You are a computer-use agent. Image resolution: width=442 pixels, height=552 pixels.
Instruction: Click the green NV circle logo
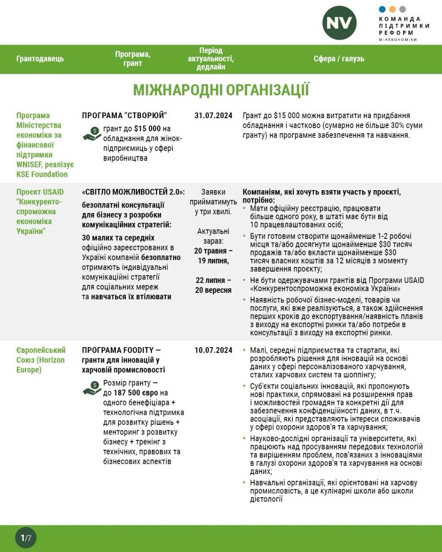(339, 23)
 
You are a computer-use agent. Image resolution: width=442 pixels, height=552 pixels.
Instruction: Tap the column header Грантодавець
(40, 59)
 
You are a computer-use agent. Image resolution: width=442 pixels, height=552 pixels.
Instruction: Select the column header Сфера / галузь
(339, 59)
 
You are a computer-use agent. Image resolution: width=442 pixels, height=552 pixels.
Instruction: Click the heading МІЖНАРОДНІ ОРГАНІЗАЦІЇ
(221, 90)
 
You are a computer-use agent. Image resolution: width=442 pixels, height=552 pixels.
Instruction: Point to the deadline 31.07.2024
(213, 116)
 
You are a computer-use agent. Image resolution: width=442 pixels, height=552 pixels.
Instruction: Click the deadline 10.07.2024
(213, 350)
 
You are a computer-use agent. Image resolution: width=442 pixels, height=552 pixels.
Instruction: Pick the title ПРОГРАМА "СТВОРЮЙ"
(124, 116)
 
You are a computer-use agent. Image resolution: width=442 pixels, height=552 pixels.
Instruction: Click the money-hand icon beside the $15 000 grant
(92, 134)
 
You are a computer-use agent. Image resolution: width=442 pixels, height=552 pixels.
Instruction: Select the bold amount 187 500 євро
(136, 393)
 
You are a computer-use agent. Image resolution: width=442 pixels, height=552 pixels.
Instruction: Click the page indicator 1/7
(26, 538)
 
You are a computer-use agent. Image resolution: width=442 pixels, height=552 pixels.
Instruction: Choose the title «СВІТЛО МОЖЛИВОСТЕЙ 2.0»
(133, 192)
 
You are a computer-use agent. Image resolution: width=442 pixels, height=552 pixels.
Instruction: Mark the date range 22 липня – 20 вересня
(213, 285)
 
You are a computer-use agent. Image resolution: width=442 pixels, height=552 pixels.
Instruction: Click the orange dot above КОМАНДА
(392, 9)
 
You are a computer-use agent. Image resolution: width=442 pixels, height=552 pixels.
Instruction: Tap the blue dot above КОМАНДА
(382, 9)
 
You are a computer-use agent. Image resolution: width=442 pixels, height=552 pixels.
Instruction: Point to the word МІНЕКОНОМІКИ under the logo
(398, 40)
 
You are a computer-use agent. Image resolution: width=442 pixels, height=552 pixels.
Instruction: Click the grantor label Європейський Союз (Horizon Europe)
(41, 360)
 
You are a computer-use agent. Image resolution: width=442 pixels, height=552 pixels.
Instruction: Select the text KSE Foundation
(42, 174)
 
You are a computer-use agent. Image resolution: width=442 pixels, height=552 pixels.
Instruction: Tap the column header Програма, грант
(133, 59)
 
